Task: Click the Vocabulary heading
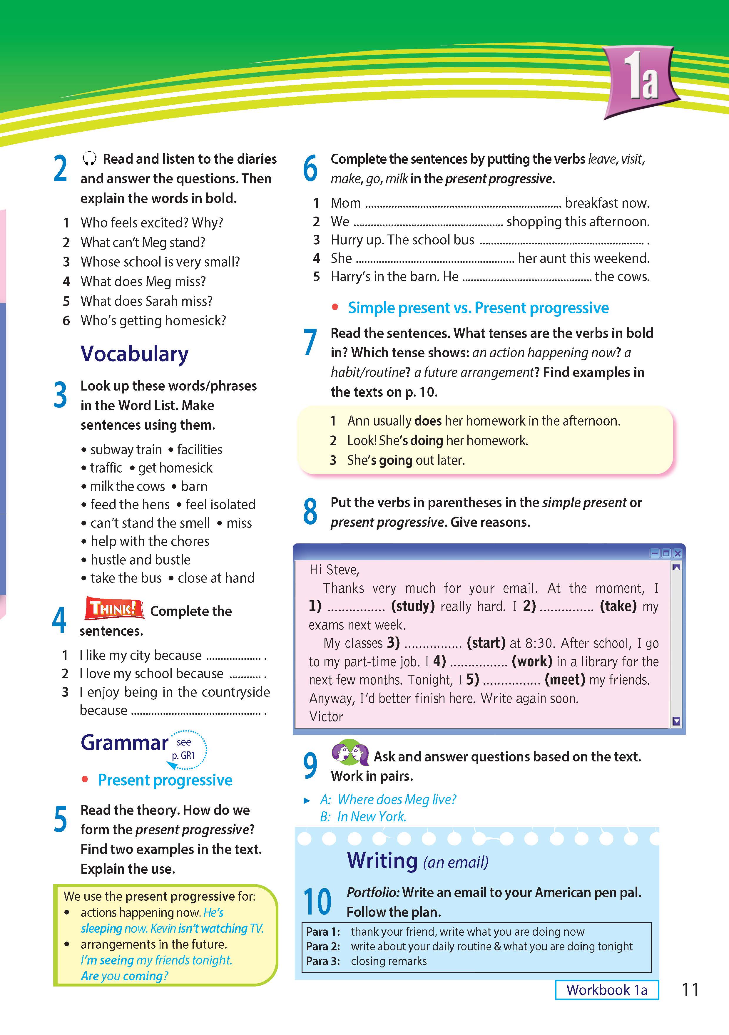134,354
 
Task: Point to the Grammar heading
124,742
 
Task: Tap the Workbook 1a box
606,990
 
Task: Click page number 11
690,990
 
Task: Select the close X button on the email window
678,553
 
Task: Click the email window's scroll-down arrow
676,721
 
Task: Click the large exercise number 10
317,902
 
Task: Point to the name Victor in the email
326,716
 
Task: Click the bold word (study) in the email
412,606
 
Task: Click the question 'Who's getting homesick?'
153,321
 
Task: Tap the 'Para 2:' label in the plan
323,946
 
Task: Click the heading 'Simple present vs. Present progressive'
478,308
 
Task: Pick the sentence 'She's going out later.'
406,460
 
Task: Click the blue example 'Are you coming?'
124,976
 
